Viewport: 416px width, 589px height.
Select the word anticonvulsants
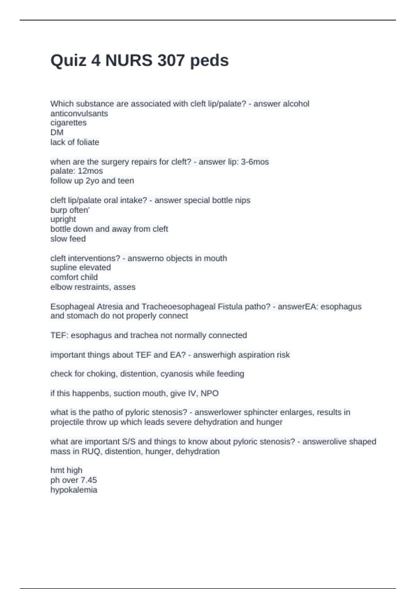click(79, 113)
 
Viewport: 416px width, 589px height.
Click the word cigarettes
click(68, 123)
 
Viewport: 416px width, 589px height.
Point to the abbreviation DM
click(57, 132)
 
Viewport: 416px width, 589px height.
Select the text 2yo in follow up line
click(92, 181)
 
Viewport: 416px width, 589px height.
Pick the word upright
click(63, 219)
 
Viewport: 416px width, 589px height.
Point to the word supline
click(63, 268)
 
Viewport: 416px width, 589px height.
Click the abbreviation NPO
click(209, 394)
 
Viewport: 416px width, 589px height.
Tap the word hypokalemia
click(73, 490)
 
